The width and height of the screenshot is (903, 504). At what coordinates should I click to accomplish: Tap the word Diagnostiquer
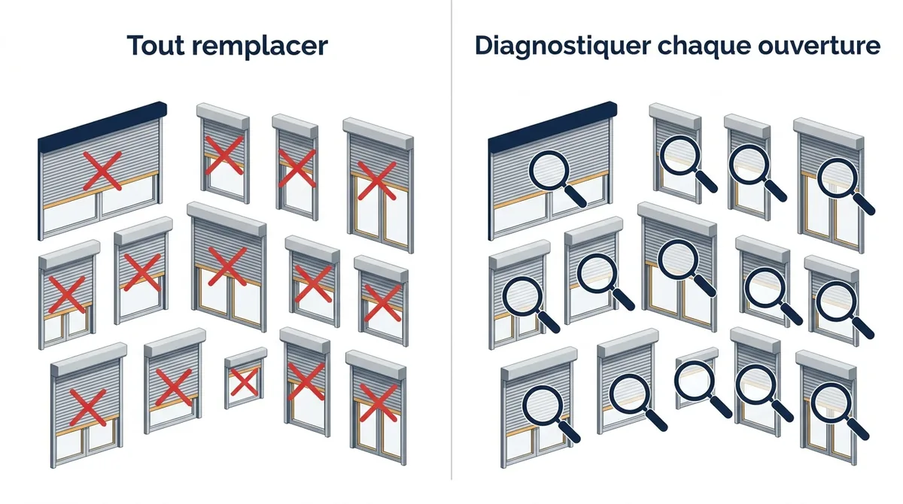(x=563, y=47)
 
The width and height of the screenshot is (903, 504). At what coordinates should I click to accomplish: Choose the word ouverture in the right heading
(x=819, y=47)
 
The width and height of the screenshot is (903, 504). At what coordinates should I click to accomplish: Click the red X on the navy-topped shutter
(x=102, y=171)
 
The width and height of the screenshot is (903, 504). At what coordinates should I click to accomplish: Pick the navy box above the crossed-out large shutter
(x=102, y=121)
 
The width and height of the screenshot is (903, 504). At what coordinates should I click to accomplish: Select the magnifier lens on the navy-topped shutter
(x=549, y=172)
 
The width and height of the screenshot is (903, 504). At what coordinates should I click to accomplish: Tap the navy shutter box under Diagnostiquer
(x=552, y=121)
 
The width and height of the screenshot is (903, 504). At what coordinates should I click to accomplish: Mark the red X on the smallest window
(x=244, y=382)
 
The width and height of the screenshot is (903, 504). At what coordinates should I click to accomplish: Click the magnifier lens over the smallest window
(x=694, y=380)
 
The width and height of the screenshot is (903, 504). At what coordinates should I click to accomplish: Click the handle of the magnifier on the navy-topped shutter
(x=575, y=196)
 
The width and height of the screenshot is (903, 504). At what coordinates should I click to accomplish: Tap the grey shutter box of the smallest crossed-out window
(x=245, y=357)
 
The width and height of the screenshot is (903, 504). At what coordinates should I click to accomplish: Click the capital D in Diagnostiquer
(x=485, y=46)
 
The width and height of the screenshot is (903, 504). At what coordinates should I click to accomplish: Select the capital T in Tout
(x=136, y=46)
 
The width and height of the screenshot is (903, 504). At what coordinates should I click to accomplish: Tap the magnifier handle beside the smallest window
(x=720, y=405)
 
